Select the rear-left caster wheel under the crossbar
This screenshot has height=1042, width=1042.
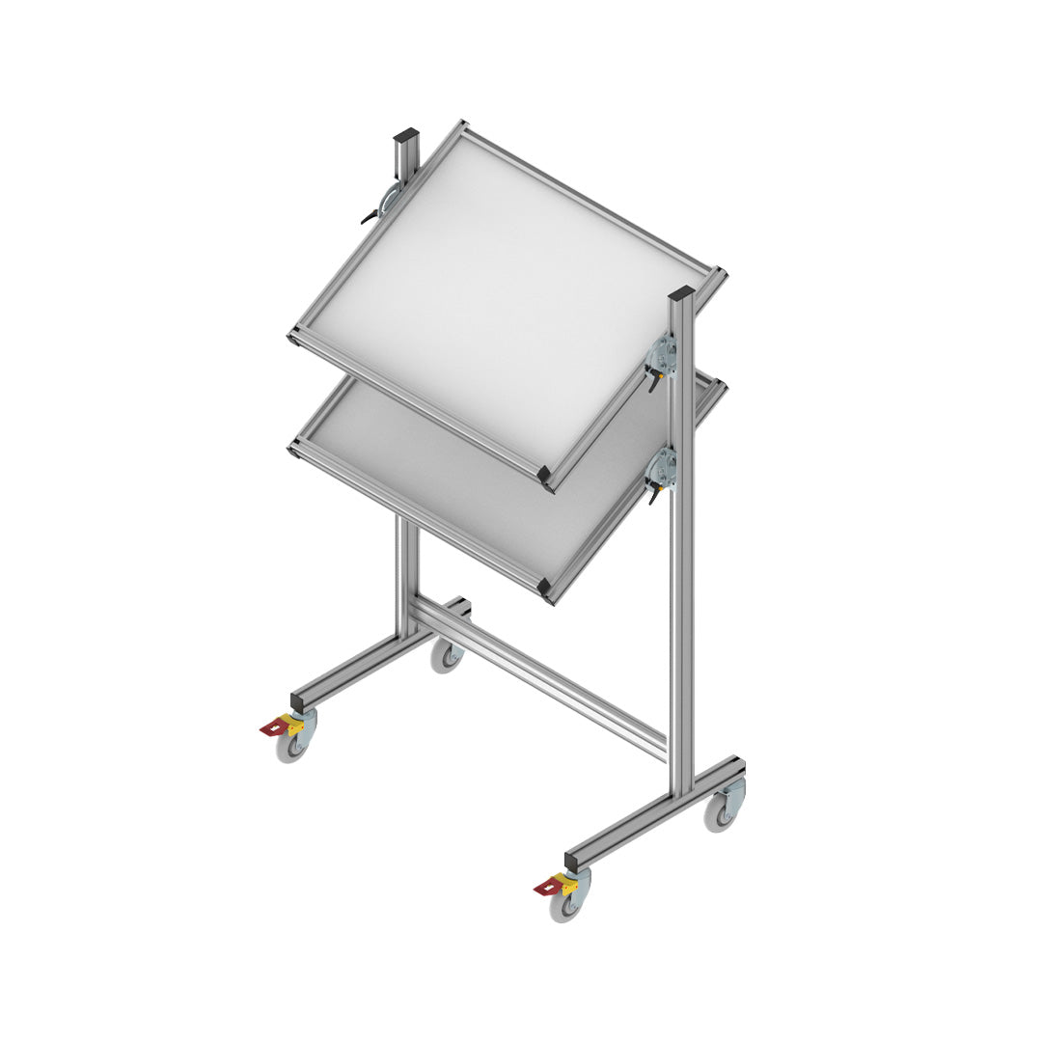pos(446,657)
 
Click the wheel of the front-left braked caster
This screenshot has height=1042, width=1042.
pos(290,748)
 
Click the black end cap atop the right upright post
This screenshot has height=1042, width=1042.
pos(681,292)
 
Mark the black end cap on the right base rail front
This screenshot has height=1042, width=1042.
pos(572,858)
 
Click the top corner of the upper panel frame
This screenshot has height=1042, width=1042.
pos(461,126)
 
